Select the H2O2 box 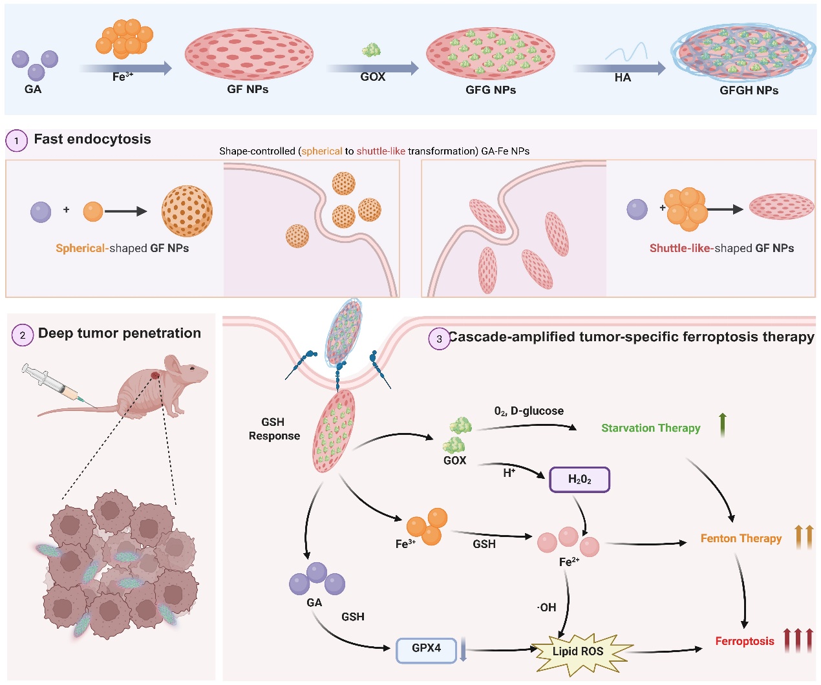point(579,479)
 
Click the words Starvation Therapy point(650,428)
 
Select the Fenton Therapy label point(741,538)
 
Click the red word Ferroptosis point(744,641)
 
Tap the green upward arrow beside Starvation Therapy point(723,425)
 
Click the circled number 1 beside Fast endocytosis point(16,140)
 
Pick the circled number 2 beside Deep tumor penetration point(23,335)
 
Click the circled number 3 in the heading point(440,339)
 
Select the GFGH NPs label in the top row point(749,90)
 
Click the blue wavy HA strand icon point(626,52)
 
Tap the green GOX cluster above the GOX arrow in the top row point(371,50)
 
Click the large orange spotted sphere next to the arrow point(187,211)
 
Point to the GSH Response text point(274,429)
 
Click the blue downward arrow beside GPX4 point(463,650)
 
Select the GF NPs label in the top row point(248,89)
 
